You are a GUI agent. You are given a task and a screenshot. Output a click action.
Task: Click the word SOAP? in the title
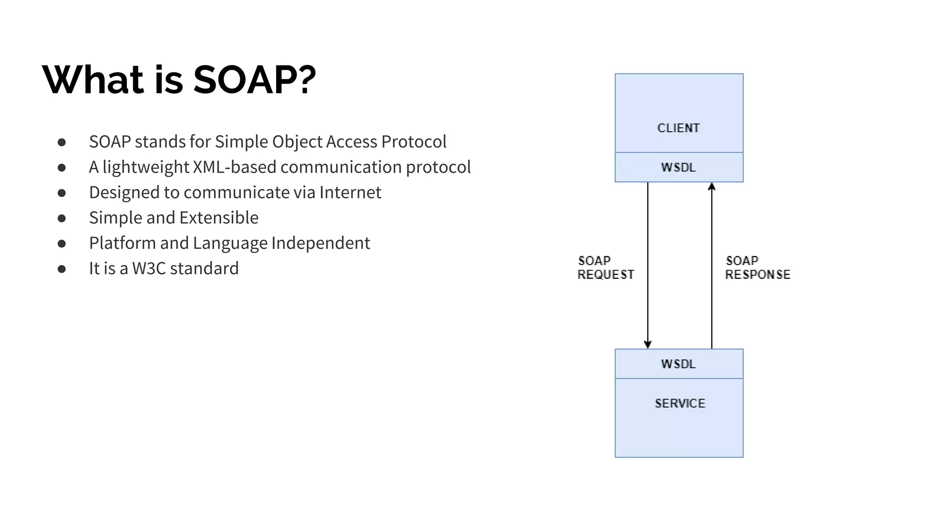click(254, 80)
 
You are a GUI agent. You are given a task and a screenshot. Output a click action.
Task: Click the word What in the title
click(93, 80)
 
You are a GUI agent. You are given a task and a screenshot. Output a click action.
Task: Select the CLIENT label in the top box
click(678, 128)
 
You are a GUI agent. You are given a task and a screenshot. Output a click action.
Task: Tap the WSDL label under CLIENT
click(678, 167)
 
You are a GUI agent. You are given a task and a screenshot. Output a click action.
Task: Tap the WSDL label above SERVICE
click(678, 364)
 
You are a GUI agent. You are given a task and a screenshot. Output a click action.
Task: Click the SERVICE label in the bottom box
click(680, 403)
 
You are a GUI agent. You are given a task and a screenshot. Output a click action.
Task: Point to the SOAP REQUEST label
click(606, 268)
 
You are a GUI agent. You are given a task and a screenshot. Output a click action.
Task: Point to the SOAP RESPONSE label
click(757, 268)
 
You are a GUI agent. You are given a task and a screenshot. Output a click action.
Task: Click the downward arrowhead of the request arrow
click(648, 344)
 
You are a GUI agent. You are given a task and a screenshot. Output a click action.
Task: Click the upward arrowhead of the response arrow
click(712, 187)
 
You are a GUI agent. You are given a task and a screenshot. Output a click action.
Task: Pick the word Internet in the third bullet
click(350, 193)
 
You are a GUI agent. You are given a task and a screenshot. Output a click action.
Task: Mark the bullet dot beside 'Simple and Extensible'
click(62, 218)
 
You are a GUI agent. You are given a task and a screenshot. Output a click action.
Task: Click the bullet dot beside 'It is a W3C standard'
click(62, 269)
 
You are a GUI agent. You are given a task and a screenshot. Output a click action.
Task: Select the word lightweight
click(146, 167)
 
